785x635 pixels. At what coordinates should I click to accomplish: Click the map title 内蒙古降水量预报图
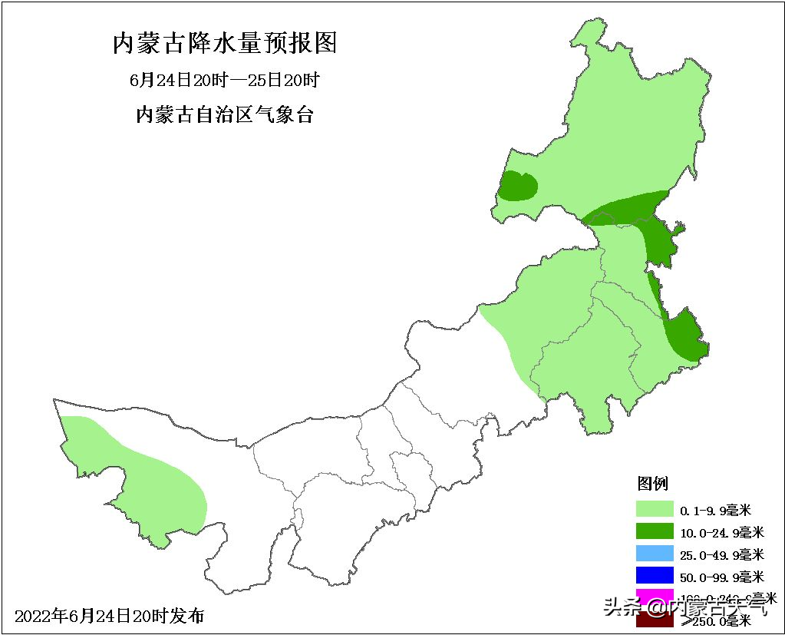click(225, 44)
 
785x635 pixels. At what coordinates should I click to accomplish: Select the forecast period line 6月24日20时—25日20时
click(224, 80)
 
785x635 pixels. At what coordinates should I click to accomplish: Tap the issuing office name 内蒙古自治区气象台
click(225, 115)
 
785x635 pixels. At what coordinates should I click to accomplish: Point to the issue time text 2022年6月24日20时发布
click(110, 616)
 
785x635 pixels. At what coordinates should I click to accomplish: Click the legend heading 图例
click(653, 484)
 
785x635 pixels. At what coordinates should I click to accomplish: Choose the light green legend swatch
click(655, 509)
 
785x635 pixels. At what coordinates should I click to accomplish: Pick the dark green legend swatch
click(655, 531)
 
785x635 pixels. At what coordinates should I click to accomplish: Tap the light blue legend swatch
click(655, 554)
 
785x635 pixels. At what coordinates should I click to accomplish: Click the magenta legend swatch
click(655, 596)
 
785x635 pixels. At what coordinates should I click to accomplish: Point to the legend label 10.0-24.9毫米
click(721, 532)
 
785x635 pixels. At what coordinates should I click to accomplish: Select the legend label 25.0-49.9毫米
click(721, 554)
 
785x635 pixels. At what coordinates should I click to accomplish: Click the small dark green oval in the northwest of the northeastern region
click(518, 187)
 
